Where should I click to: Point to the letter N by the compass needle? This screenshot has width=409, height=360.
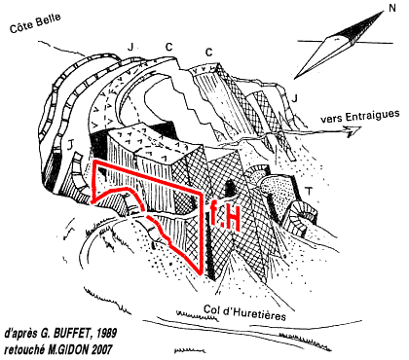392,8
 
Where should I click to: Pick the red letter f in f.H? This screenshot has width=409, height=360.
212,212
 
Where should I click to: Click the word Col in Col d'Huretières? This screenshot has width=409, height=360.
211,309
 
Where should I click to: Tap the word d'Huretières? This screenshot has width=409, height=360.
254,313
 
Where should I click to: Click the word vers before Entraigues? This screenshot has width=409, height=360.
332,119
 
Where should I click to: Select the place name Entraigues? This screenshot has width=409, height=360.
372,116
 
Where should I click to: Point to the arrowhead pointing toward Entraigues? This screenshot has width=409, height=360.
353,131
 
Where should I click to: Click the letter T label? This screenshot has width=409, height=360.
310,191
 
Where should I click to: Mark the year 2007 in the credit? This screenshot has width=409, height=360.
102,349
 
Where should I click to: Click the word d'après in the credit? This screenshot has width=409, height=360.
21,334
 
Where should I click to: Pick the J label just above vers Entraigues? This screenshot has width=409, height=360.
294,98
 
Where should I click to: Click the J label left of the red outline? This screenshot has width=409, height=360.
69,147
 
